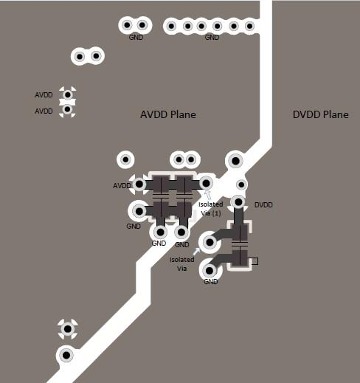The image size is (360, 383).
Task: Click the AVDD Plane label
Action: pos(168,114)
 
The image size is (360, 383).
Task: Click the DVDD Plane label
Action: pos(321,114)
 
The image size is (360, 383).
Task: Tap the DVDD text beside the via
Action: pos(263,205)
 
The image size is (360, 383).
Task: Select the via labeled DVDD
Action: pos(238,202)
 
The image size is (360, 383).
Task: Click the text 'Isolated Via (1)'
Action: pos(211,209)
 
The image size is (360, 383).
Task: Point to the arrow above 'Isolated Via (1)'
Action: pos(207,194)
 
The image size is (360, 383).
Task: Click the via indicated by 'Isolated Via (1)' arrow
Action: pos(206,183)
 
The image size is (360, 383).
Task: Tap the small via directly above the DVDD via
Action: pos(241,184)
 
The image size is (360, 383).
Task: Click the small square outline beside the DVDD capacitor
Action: pos(255,261)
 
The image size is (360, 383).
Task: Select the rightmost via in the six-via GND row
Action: pos(249,26)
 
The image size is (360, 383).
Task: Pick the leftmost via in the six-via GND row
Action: pos(171,26)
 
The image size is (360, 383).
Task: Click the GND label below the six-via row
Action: pos(212,38)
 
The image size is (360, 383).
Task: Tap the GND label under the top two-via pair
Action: pos(136,38)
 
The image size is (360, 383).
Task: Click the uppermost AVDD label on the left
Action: pos(44,95)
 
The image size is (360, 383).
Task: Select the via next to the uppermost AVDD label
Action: pos(67,94)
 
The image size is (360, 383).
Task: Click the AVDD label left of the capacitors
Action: pos(122,186)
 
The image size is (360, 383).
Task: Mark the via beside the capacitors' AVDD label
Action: pos(139,184)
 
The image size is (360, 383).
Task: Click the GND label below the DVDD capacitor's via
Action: pos(211,281)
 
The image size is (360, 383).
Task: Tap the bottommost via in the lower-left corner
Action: pos(66,355)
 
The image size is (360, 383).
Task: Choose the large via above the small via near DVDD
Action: pos(235,161)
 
